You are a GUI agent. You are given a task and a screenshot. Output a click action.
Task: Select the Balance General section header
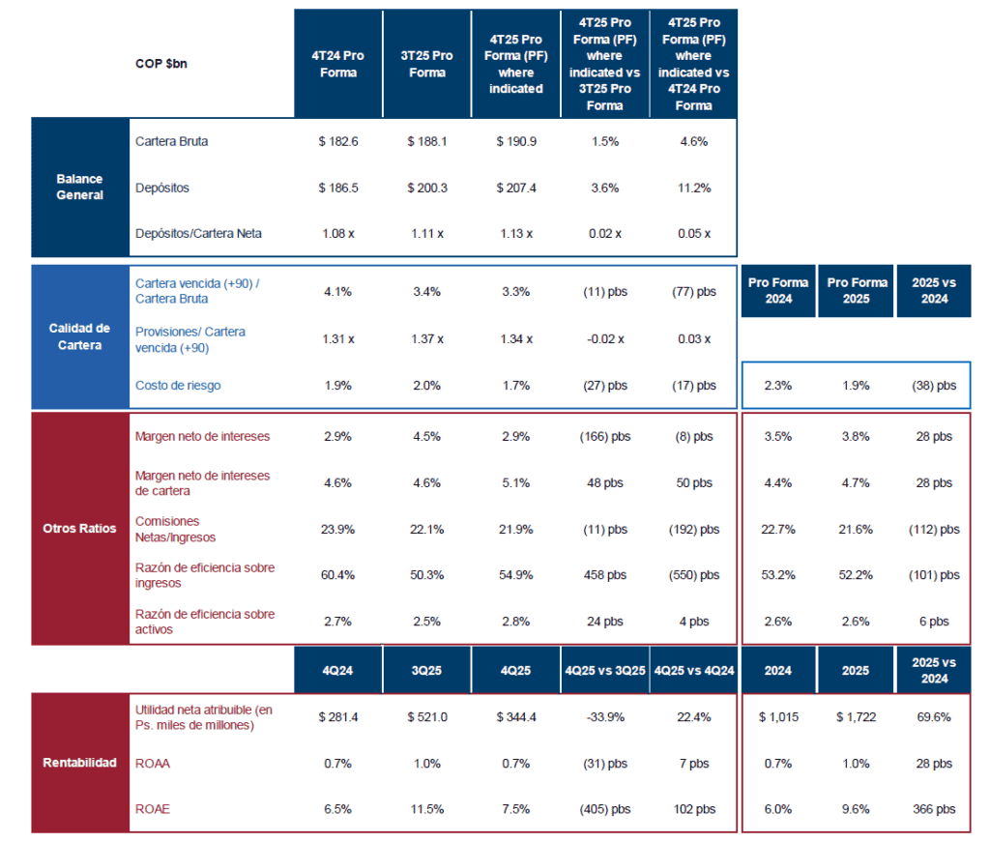[x=80, y=187]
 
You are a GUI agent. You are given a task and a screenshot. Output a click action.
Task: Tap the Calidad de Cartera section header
[x=80, y=336]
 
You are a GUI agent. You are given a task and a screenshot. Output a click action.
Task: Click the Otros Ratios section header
[x=80, y=528]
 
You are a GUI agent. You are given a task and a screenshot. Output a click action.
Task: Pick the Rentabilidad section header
[x=80, y=762]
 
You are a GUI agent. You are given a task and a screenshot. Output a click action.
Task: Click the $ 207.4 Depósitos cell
[x=516, y=188]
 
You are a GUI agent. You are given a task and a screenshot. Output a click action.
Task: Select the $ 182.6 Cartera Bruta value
[x=338, y=141]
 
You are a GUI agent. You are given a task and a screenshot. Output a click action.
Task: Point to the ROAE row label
[x=153, y=809]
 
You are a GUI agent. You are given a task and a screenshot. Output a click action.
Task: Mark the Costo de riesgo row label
[x=178, y=385]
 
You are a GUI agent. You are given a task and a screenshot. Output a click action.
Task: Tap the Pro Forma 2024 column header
[x=778, y=290]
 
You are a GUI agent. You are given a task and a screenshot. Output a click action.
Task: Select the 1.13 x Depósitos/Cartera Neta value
[x=516, y=233]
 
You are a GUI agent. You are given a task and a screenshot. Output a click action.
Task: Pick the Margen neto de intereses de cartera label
[x=203, y=482]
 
